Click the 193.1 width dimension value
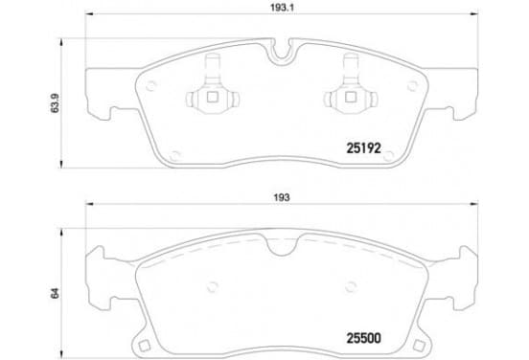pos(282,8)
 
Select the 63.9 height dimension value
pos(55,102)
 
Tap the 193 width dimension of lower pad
pos(282,197)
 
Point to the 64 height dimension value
pos(55,293)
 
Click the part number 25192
pos(364,148)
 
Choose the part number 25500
pos(364,338)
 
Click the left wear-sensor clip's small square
pos(212,98)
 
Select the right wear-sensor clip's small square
pos(350,98)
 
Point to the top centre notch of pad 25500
pos(283,245)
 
